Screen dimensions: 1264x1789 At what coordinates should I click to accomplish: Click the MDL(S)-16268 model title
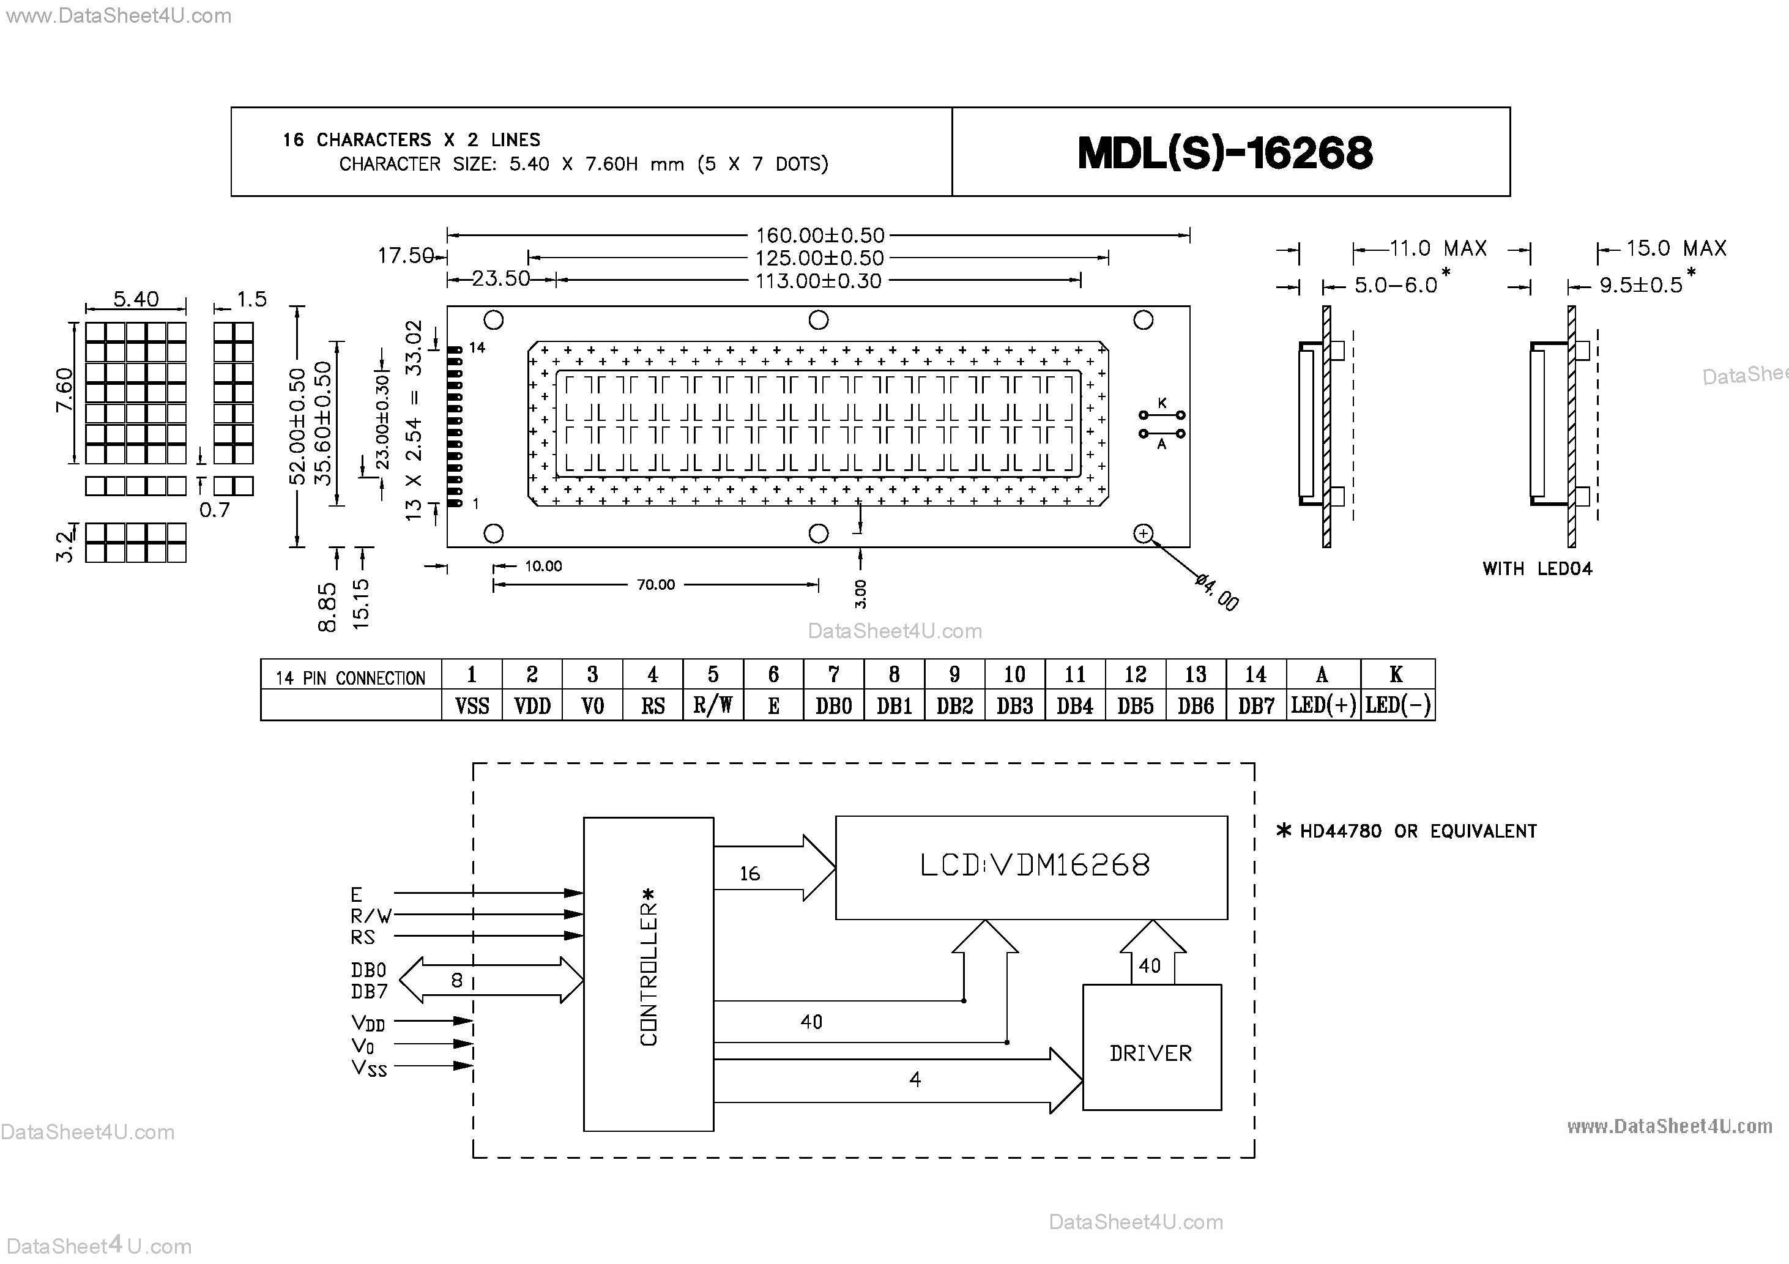click(x=1225, y=153)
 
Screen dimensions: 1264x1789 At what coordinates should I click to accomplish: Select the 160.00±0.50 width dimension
click(x=820, y=236)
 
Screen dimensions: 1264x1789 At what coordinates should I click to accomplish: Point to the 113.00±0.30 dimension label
click(x=818, y=281)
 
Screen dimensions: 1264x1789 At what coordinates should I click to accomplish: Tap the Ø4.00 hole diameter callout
click(x=1216, y=592)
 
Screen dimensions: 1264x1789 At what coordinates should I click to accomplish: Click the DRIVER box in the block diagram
click(x=1151, y=1053)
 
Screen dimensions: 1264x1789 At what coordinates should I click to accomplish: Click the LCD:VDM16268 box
click(x=1031, y=866)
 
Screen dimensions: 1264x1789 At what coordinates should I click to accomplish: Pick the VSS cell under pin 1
click(x=471, y=706)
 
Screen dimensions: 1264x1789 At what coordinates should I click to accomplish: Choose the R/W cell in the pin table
click(x=712, y=706)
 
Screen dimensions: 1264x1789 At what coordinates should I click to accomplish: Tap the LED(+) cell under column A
click(x=1322, y=706)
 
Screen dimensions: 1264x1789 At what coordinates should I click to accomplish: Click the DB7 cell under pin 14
click(x=1255, y=706)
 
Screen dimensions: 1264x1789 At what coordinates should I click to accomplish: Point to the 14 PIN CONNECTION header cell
click(x=351, y=677)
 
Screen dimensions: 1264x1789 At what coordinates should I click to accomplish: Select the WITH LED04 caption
click(x=1536, y=569)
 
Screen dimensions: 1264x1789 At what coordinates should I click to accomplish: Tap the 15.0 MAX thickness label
click(x=1675, y=248)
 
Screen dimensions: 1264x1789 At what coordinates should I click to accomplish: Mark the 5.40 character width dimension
click(x=136, y=299)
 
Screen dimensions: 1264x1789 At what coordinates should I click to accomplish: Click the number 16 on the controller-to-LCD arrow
click(x=749, y=874)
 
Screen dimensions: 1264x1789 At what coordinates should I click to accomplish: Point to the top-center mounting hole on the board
click(x=818, y=319)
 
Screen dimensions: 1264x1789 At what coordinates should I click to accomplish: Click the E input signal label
click(x=357, y=894)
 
